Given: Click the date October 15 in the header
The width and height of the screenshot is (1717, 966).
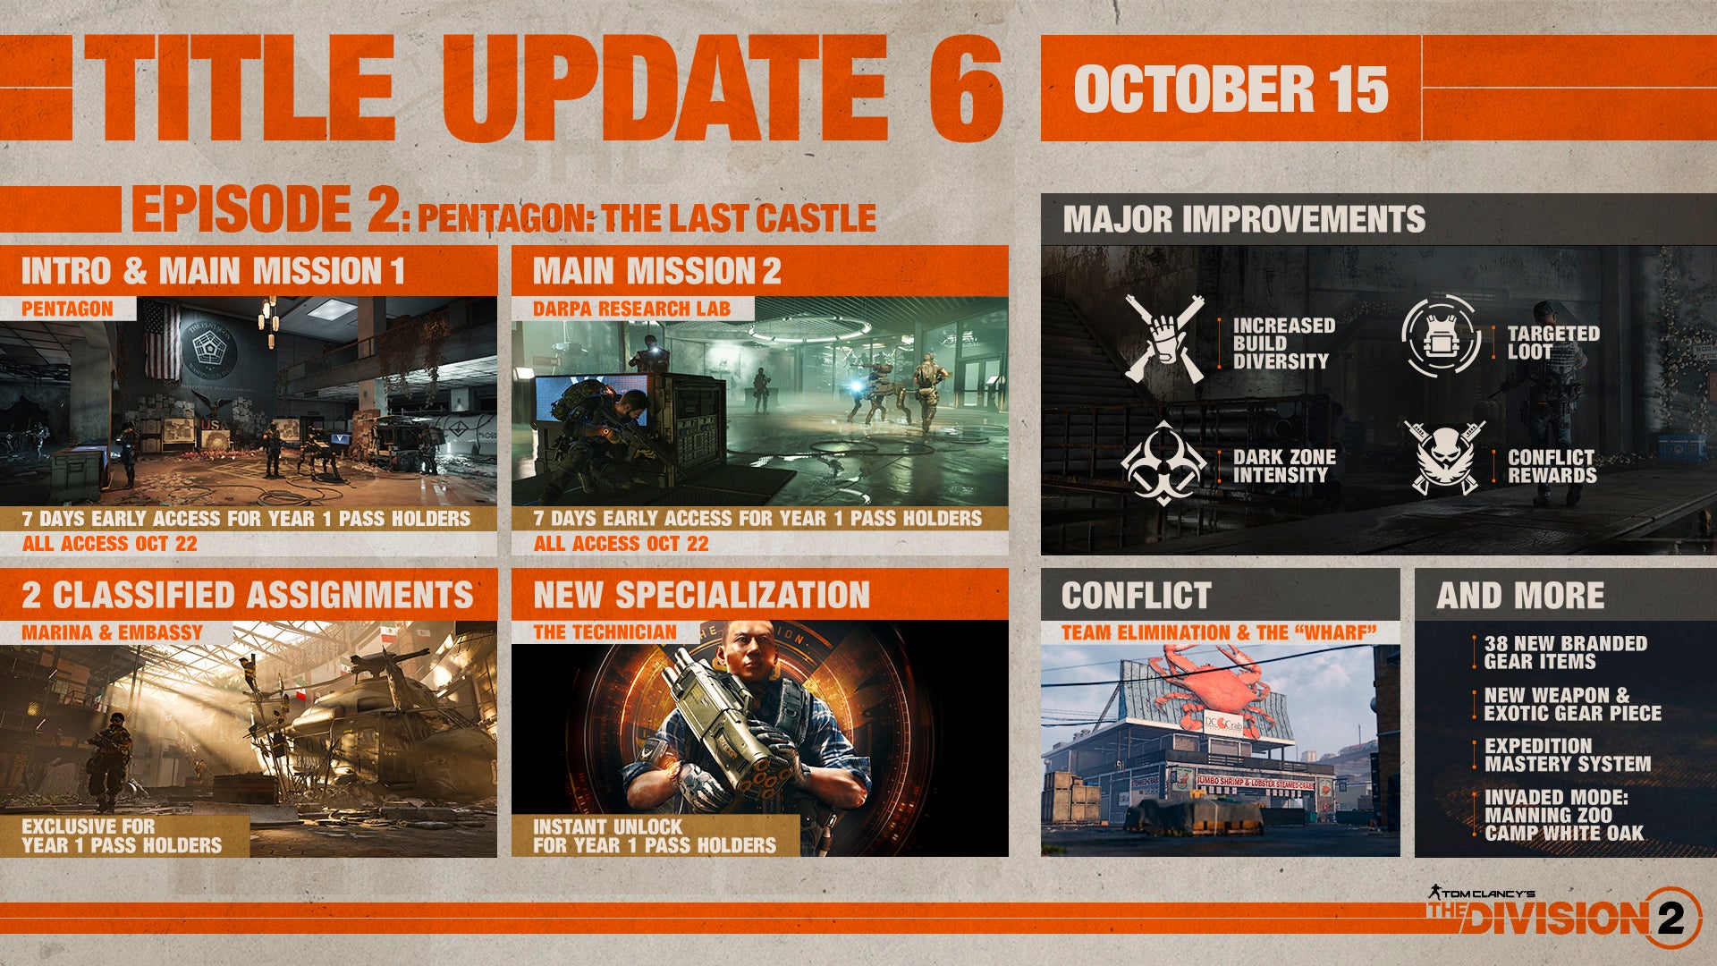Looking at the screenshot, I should (1231, 89).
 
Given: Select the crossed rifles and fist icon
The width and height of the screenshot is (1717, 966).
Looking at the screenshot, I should (1164, 340).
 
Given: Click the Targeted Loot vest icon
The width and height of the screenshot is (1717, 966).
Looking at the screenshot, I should (1440, 335).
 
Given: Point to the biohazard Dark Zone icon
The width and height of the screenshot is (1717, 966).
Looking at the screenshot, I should (1162, 462).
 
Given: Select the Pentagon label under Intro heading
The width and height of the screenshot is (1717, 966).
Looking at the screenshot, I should (67, 309).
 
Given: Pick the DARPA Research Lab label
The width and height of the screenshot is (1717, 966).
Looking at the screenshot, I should (631, 309).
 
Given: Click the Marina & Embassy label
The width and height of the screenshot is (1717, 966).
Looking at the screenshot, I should (113, 632).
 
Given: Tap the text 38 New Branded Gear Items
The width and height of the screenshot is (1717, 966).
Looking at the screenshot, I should (1565, 652).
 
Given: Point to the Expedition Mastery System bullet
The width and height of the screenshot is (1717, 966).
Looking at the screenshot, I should (1567, 755).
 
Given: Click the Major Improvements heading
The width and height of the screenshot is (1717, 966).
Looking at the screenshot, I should (1244, 219).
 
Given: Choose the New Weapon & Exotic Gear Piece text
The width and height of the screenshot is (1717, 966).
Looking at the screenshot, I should (1572, 704).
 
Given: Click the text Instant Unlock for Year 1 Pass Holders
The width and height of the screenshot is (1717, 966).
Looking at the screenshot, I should (655, 835).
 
